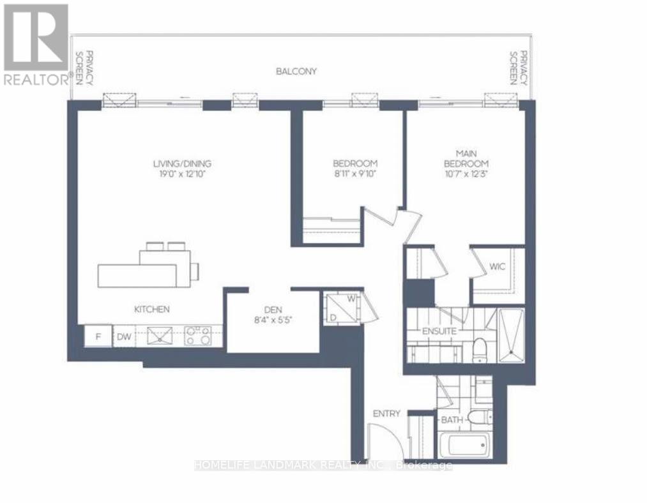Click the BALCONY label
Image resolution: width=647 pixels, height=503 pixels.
coord(296,71)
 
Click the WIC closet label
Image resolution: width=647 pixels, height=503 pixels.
coord(498,266)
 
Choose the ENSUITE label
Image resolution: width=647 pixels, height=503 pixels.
coord(439,331)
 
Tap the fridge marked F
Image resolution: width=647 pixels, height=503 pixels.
coord(98,336)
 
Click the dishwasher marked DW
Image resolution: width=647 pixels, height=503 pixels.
coord(123,336)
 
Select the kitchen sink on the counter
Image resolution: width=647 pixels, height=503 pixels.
coord(160,335)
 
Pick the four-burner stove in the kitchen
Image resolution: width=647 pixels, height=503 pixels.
coord(198,335)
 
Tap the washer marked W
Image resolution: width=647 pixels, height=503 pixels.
coord(351,299)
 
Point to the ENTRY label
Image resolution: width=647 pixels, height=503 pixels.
coord(386,414)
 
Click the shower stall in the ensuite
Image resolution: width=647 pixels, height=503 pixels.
coord(510,335)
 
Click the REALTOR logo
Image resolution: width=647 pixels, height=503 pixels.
coord(36,44)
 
